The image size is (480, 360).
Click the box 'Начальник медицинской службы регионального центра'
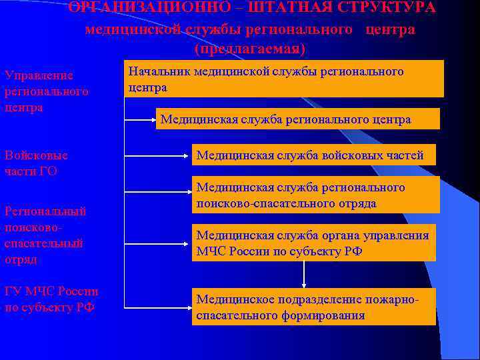(x=284, y=79)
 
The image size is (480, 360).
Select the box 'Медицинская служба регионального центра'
(x=298, y=119)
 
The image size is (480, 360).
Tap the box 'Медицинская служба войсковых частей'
(x=314, y=155)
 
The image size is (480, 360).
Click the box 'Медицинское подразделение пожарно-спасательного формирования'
(x=314, y=307)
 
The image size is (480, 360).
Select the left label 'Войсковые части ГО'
(x=36, y=163)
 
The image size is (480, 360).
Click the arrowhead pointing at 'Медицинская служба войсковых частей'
(x=189, y=155)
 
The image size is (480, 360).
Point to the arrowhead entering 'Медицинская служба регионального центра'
(x=153, y=120)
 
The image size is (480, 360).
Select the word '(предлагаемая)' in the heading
(x=250, y=49)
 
